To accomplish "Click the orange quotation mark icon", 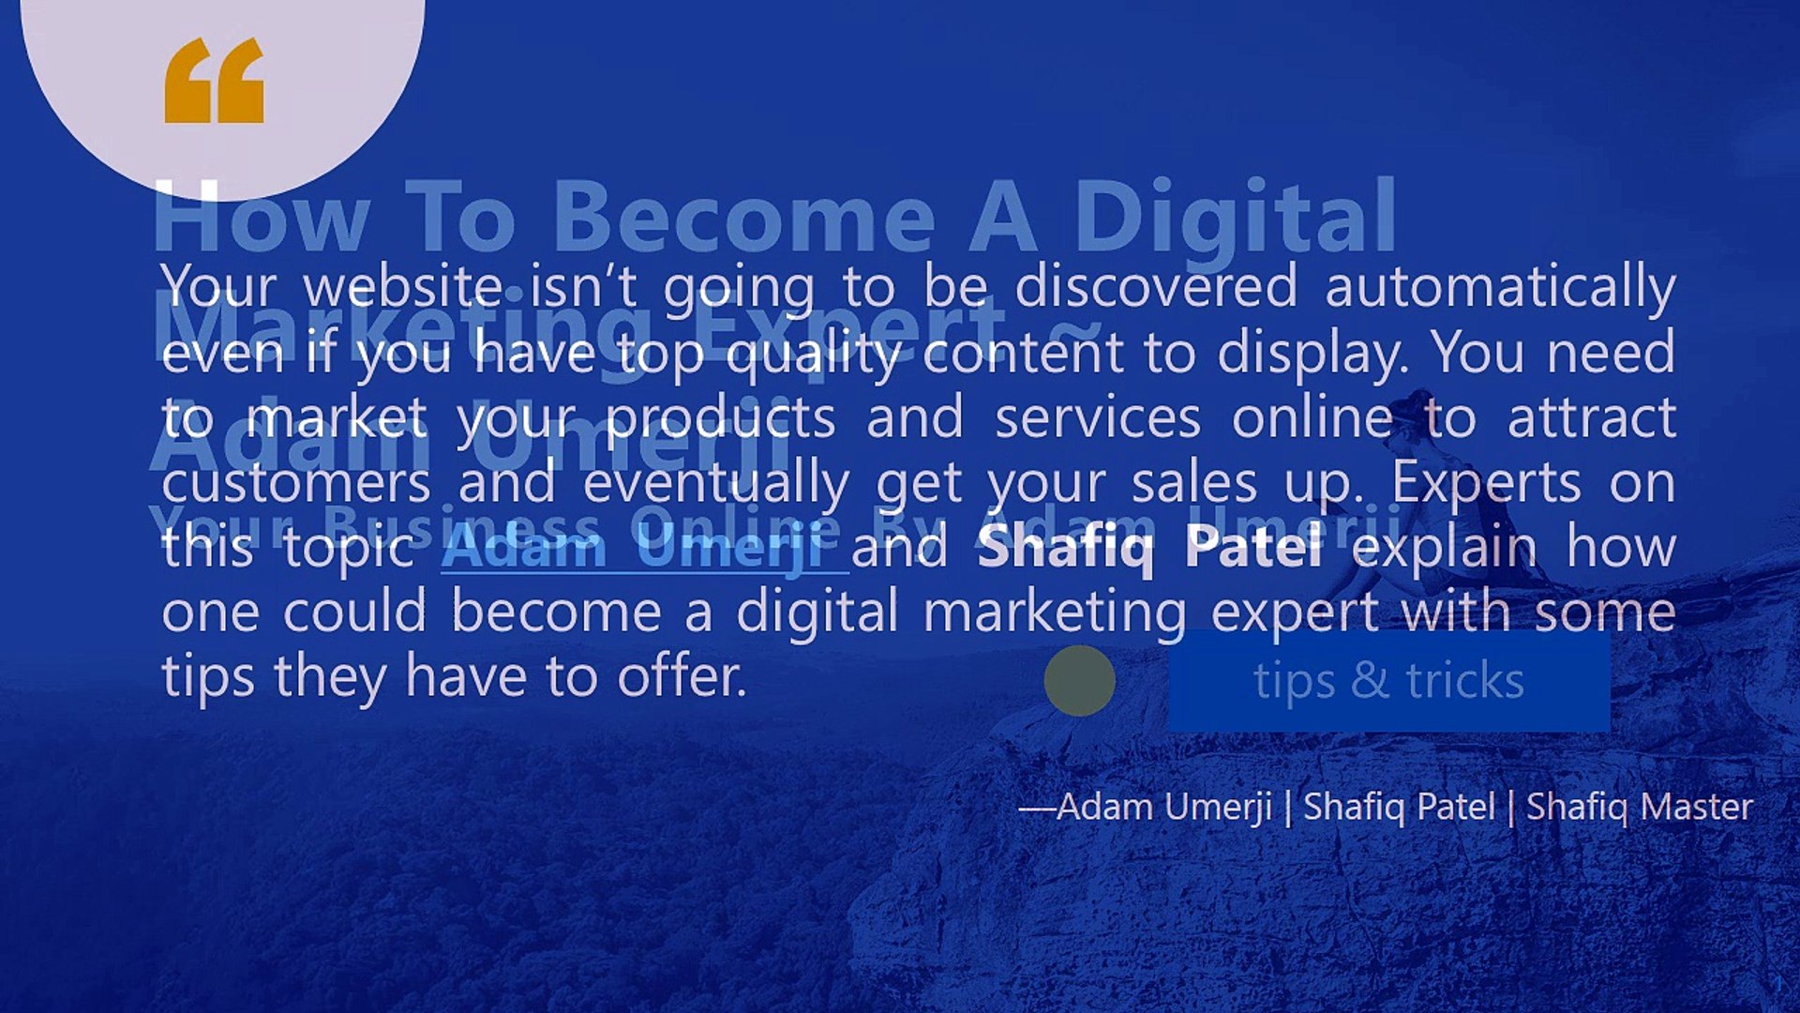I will click(x=214, y=81).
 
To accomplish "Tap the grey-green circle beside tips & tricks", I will click(x=1079, y=680).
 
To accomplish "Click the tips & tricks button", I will click(x=1388, y=680).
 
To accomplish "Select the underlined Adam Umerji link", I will click(x=644, y=548).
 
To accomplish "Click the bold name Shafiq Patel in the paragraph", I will click(x=1150, y=546).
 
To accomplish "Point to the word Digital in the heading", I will click(x=1235, y=218).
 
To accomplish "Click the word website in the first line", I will click(x=403, y=287).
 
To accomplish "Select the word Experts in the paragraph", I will click(x=1486, y=483).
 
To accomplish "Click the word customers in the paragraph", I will click(x=295, y=483).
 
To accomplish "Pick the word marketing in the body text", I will click(x=1055, y=612).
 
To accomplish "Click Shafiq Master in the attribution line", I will click(x=1639, y=807).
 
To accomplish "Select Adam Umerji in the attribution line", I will click(x=1163, y=807).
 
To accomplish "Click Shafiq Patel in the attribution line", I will click(x=1399, y=807).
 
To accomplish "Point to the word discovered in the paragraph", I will click(x=1156, y=287).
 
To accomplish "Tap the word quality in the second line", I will click(x=813, y=354).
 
